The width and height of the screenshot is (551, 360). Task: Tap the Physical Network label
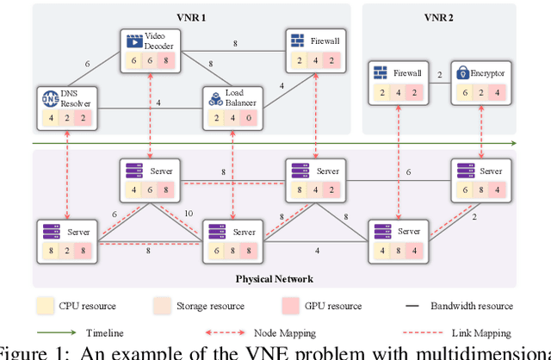tap(274, 279)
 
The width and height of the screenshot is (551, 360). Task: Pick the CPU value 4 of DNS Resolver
tap(50, 118)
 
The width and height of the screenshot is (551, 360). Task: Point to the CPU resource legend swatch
tap(44, 306)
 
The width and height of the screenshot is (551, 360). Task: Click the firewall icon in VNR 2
tap(380, 73)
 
